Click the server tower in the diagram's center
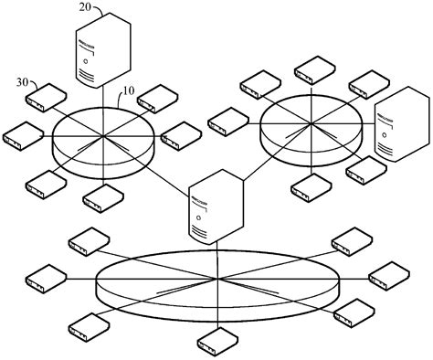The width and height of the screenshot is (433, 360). [x=215, y=206]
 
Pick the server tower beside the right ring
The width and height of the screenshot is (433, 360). [x=399, y=125]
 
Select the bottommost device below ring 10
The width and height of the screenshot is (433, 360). [x=103, y=196]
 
